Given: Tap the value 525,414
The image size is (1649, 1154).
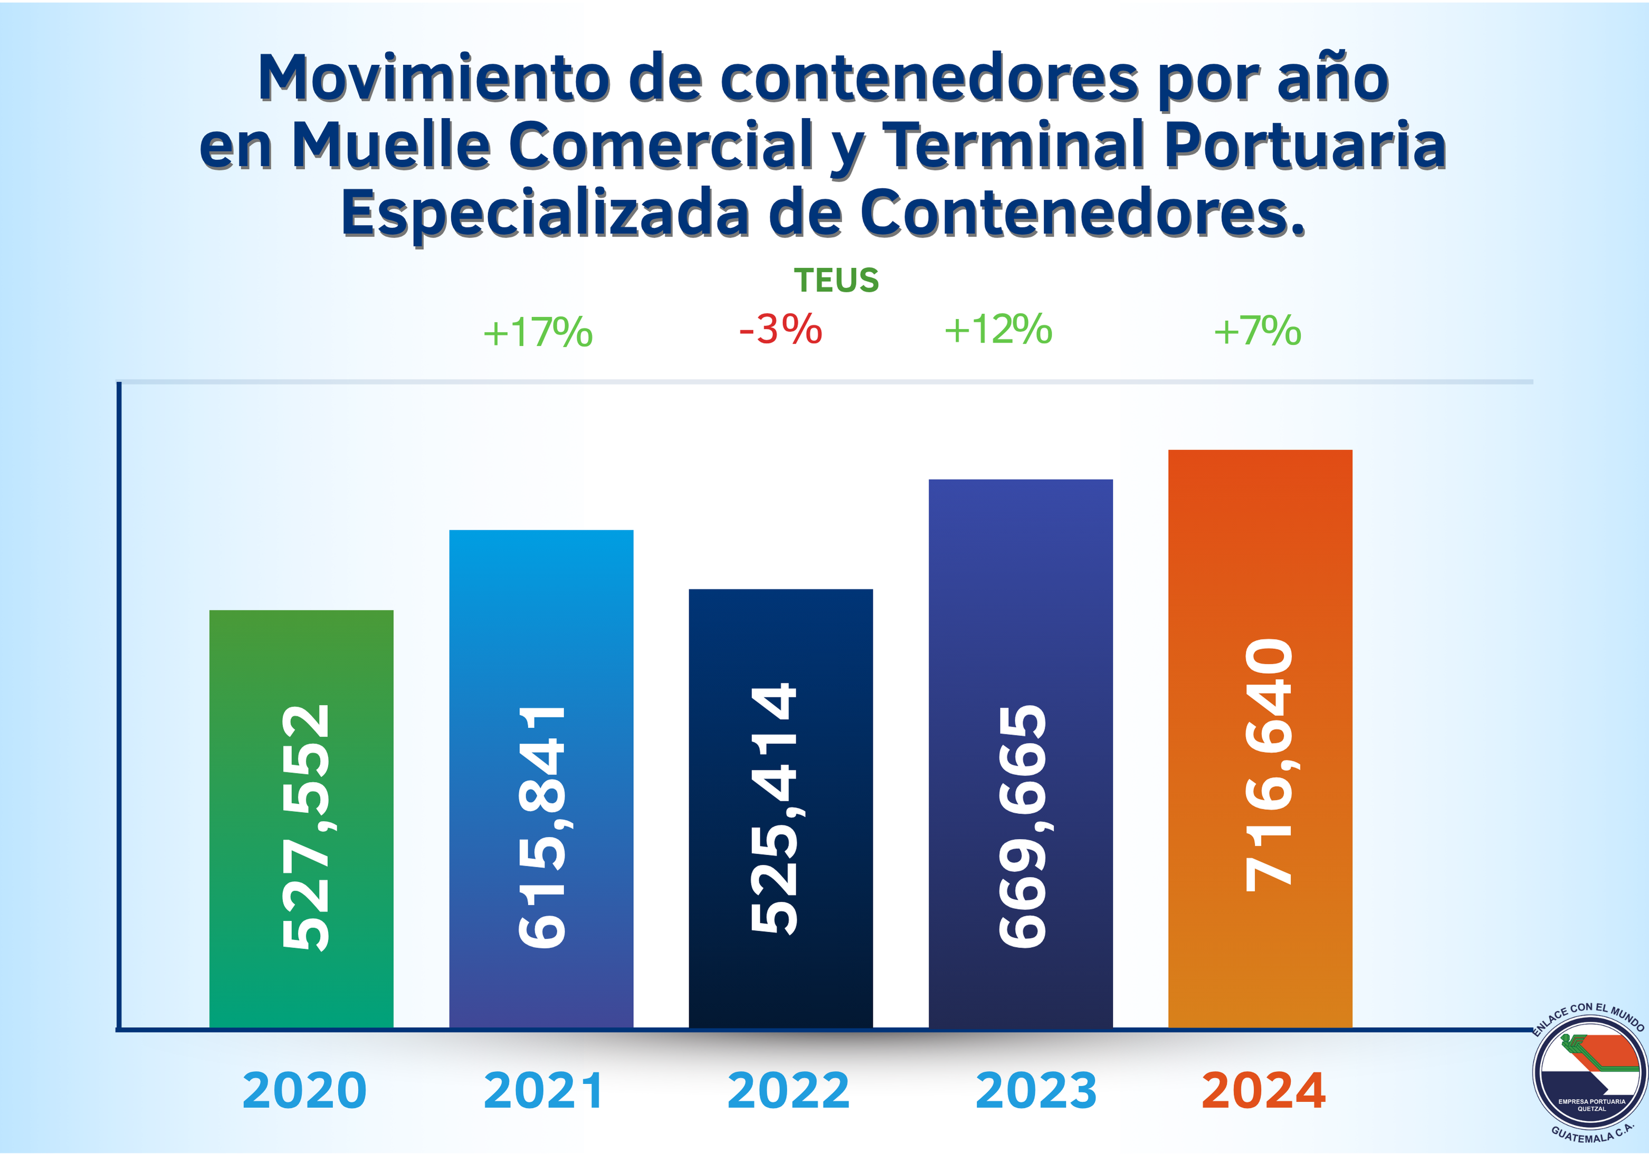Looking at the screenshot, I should (x=774, y=808).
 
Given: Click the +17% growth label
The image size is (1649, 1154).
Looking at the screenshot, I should (x=537, y=332).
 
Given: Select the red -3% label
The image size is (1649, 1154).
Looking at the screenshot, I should (x=780, y=330).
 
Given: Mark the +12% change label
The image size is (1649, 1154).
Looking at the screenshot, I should (x=998, y=330).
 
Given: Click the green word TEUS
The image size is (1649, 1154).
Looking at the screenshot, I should (x=836, y=280).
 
